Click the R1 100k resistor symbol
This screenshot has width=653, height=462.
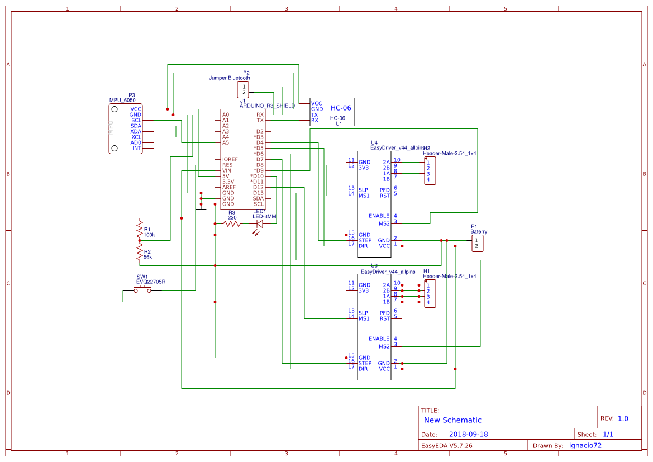tap(140, 230)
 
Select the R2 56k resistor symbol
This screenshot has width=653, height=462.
tap(140, 254)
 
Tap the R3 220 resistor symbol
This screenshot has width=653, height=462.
tap(232, 223)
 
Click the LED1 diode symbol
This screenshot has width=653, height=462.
tap(260, 224)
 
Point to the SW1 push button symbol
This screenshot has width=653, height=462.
tap(142, 290)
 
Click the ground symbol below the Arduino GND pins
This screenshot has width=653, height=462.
tap(202, 211)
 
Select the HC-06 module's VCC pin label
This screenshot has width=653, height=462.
tap(317, 103)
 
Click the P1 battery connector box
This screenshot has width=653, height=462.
tap(477, 243)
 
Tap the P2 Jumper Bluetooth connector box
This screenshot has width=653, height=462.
tap(243, 89)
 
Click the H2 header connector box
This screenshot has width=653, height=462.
tap(430, 170)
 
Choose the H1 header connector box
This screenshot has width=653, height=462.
tap(430, 293)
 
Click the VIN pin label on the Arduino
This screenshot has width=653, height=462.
tap(227, 170)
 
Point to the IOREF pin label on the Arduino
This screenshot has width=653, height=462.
tap(230, 159)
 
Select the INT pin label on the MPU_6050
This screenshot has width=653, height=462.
tap(136, 148)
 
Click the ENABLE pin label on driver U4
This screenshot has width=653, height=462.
tap(379, 216)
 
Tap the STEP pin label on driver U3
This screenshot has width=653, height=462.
tap(365, 363)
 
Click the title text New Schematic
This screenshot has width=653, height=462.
tap(452, 420)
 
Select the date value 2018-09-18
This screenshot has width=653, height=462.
tap(469, 434)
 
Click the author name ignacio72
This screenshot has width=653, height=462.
tap(585, 445)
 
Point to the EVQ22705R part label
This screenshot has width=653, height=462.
tap(151, 282)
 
